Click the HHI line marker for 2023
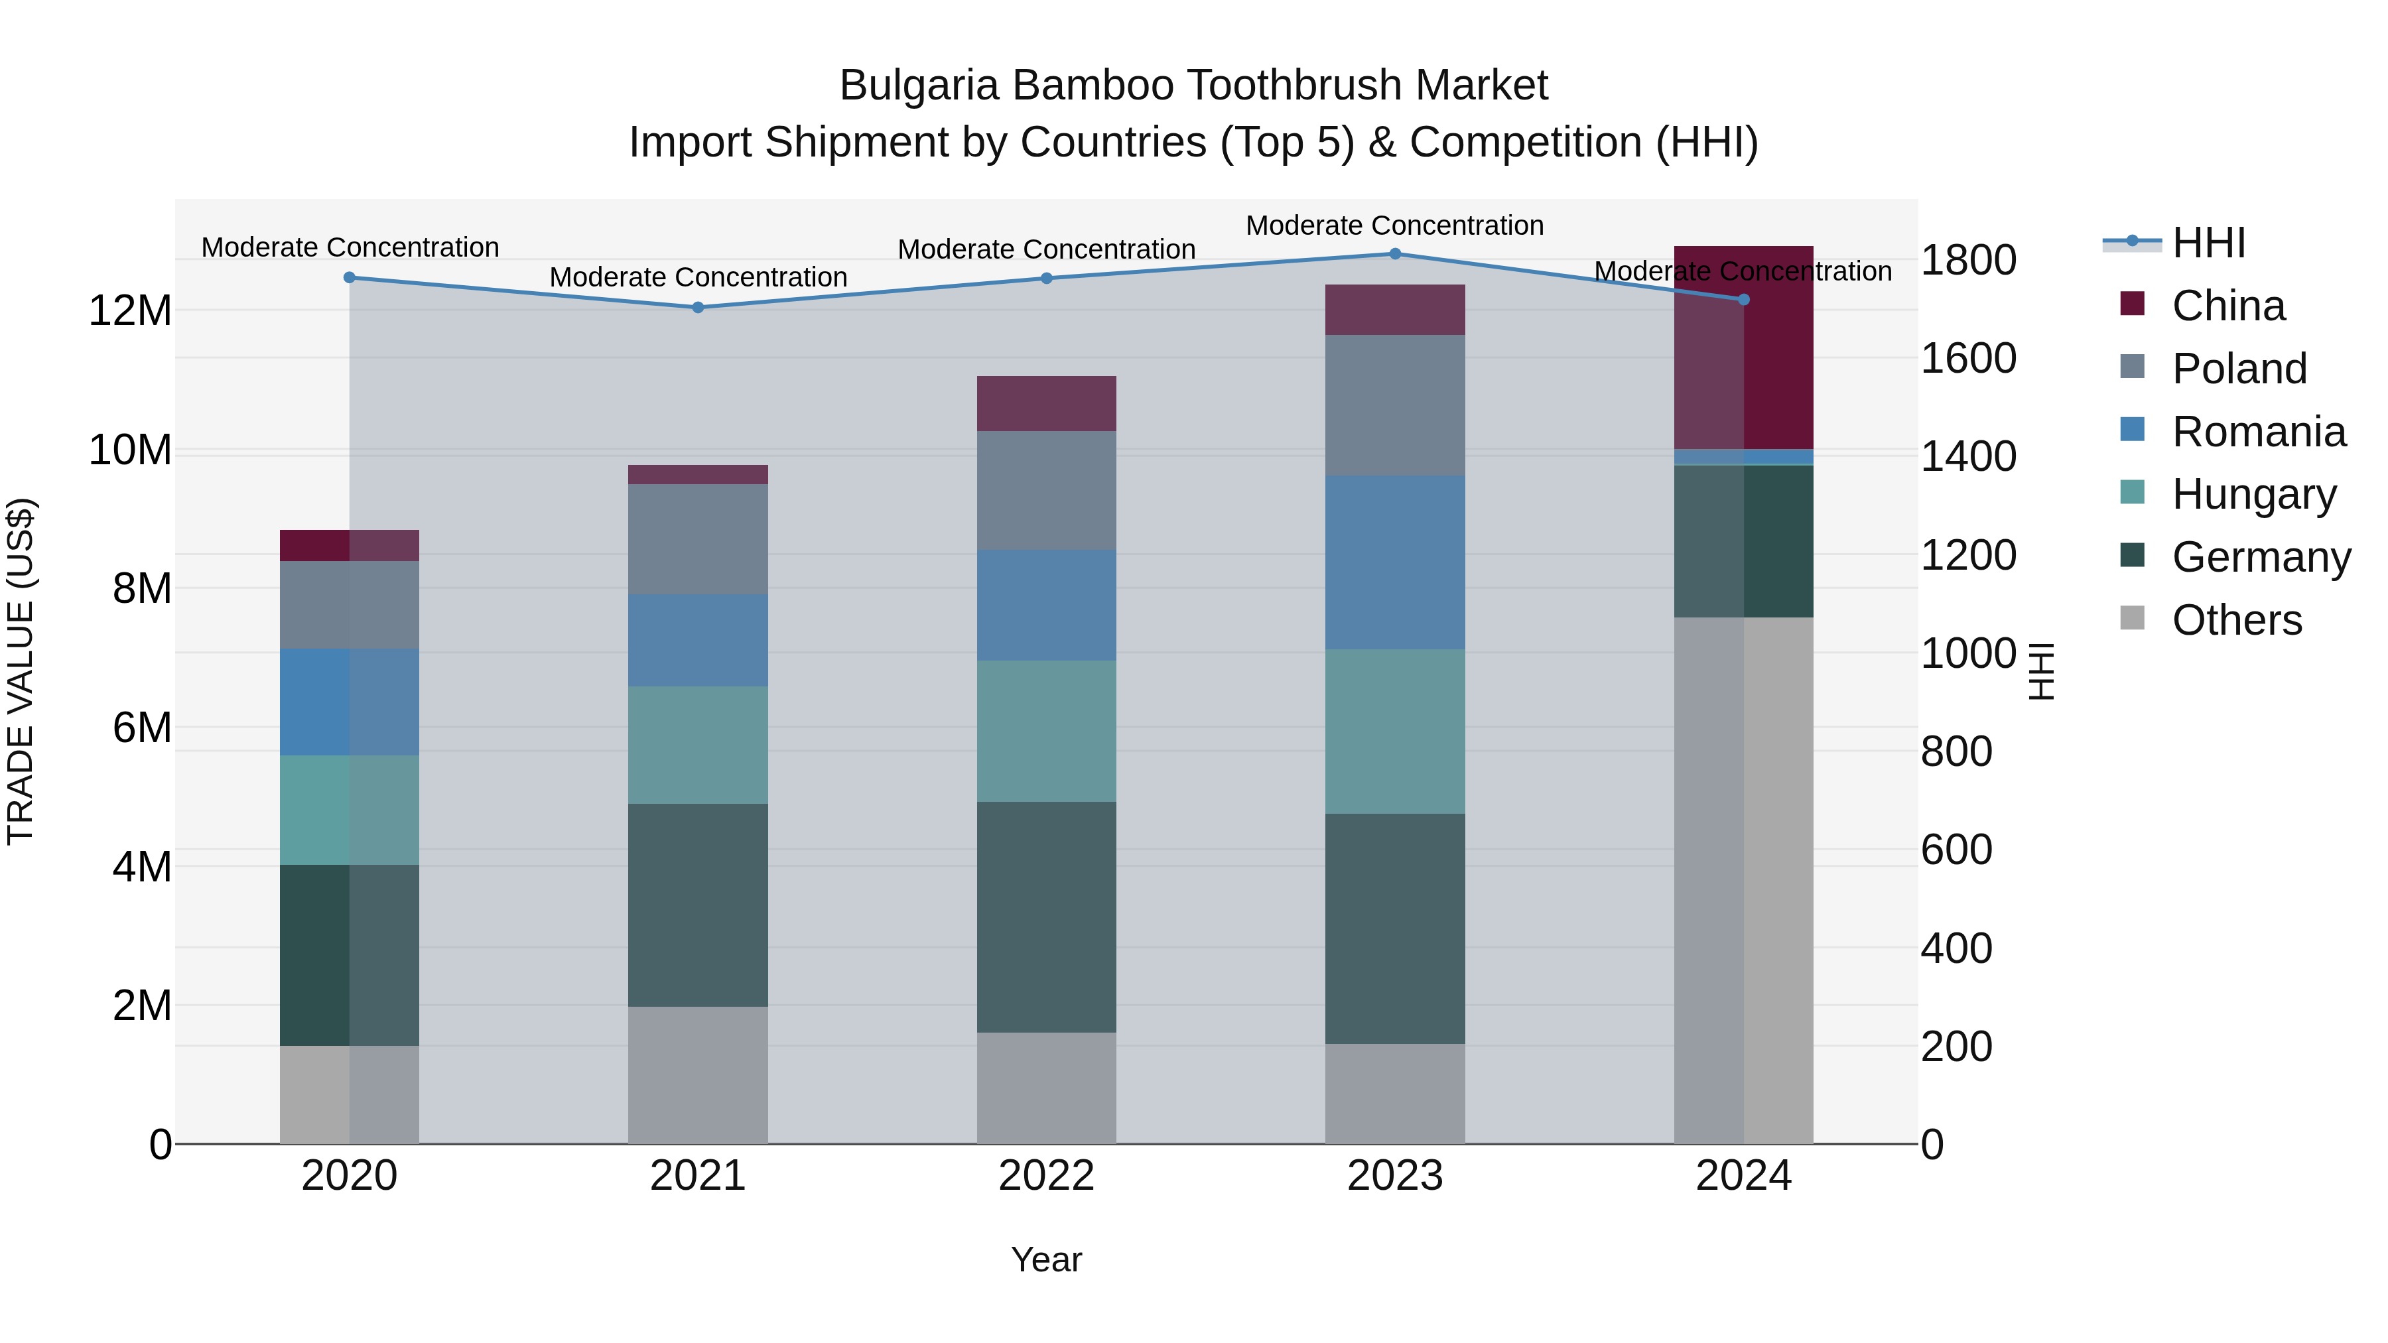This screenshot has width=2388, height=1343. [1394, 254]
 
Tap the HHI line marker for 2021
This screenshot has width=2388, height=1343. [698, 308]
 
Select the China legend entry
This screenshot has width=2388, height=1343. [2227, 306]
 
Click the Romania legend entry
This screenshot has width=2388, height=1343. [2258, 432]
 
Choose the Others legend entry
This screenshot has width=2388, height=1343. [2236, 620]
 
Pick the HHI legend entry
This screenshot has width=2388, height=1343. [2208, 243]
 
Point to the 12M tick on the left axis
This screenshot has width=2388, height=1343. [130, 310]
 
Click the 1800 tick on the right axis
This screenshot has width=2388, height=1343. [1968, 261]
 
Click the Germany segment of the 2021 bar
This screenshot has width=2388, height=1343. [698, 905]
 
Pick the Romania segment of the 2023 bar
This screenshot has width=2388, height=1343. [1394, 562]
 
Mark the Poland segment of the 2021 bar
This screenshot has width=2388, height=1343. [698, 539]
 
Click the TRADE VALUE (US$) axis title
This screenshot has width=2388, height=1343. [21, 671]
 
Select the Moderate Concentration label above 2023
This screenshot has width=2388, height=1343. [1394, 225]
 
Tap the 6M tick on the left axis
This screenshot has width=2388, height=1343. [142, 728]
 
